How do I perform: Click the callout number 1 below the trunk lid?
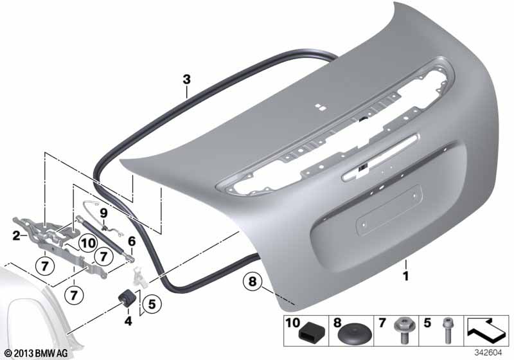click(x=406, y=276)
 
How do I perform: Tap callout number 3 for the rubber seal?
click(x=186, y=79)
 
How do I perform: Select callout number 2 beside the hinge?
click(x=16, y=235)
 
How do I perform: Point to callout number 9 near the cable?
click(x=103, y=213)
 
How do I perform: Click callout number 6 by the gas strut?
click(x=132, y=242)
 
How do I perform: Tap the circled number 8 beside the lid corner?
click(x=253, y=281)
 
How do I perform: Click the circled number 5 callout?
click(x=152, y=304)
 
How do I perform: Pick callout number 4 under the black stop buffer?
click(x=128, y=321)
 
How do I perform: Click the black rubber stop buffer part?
click(x=125, y=298)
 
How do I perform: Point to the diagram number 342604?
click(x=488, y=353)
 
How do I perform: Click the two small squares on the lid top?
click(x=320, y=107)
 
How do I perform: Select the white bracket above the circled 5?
click(x=139, y=277)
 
